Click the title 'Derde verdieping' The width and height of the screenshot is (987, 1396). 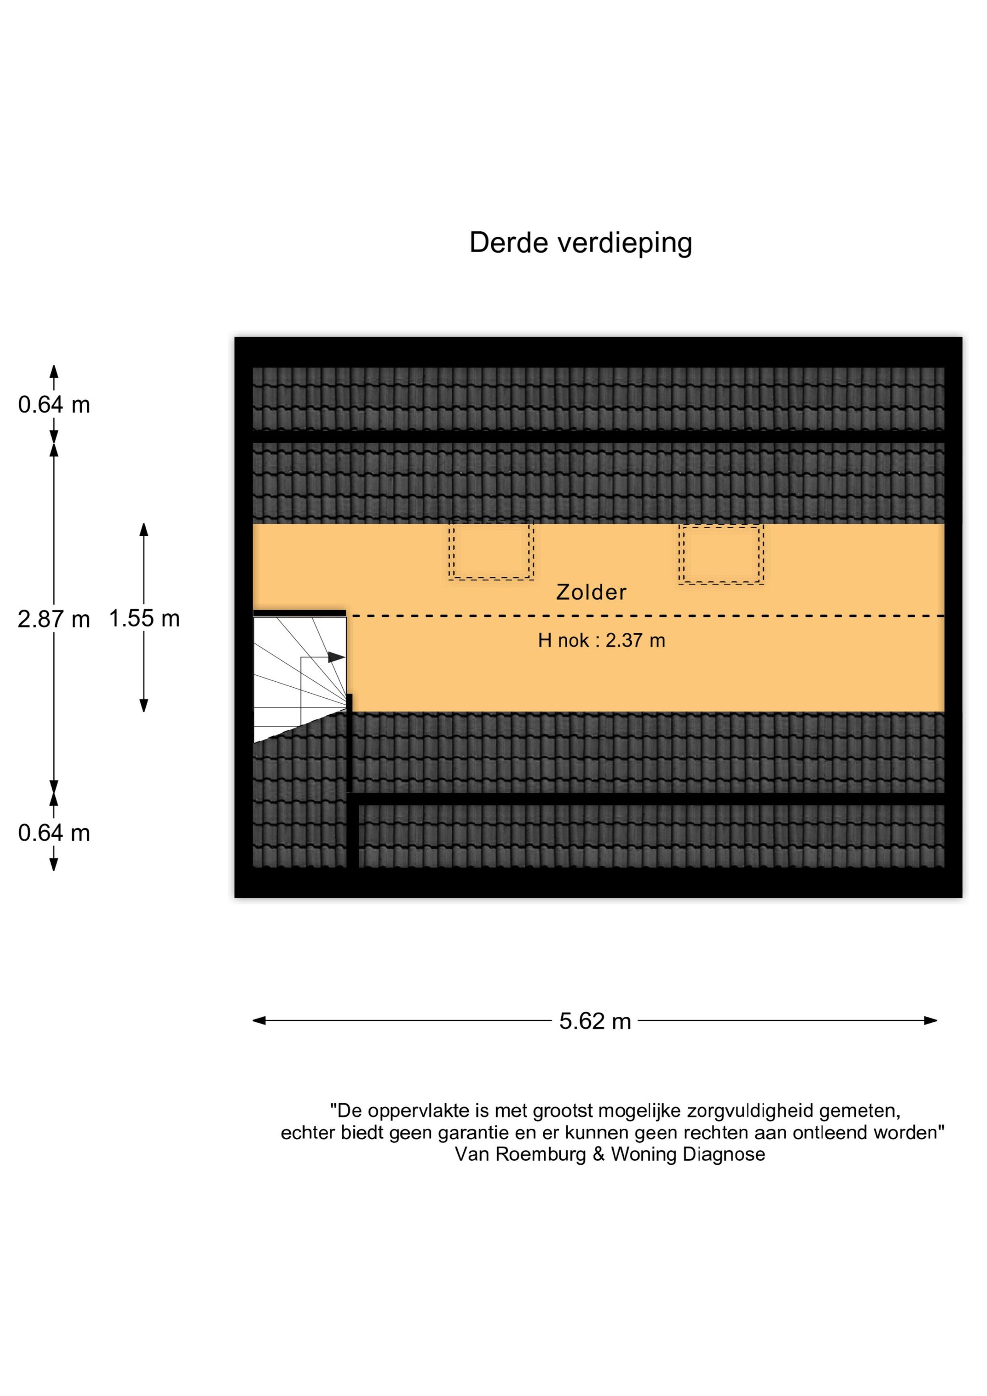pos(580,243)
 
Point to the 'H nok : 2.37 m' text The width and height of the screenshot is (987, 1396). pos(601,640)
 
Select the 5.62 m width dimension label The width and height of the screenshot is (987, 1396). pos(595,1021)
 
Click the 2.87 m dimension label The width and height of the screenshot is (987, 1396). pos(53,619)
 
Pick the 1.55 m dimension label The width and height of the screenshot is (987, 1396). pos(144,618)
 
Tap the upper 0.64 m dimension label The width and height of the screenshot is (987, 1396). pos(53,404)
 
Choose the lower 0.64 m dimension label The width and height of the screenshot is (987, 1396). pos(53,833)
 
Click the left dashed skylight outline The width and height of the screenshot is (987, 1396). pos(491,550)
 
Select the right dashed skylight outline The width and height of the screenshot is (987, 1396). pos(721,554)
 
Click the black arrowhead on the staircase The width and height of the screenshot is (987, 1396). pos(336,657)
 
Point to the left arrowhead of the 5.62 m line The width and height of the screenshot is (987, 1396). pos(259,1020)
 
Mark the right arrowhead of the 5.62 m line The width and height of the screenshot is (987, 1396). pos(930,1020)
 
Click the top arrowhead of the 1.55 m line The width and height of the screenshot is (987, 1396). pos(144,529)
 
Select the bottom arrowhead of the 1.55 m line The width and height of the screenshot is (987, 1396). pos(144,705)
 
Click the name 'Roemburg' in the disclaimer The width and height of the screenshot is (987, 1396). pos(541,1154)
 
